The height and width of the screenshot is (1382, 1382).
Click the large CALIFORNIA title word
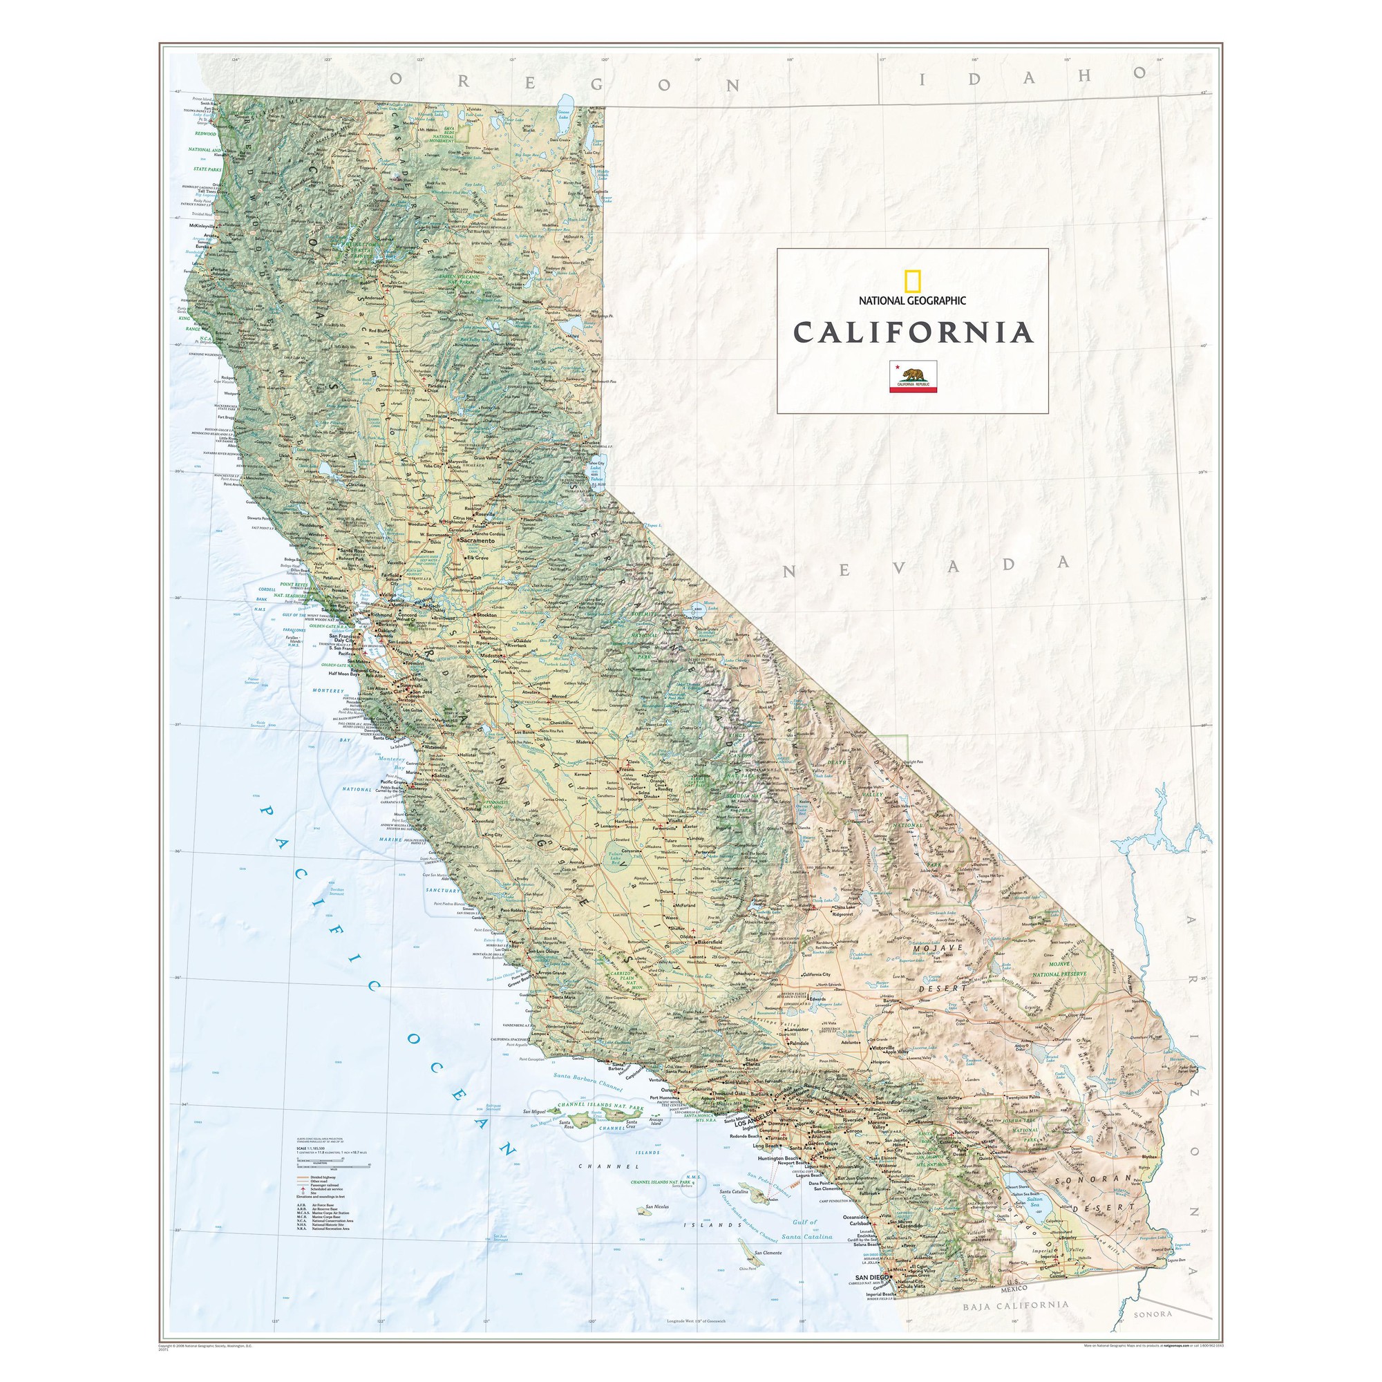tap(913, 332)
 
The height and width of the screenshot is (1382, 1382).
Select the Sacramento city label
tap(479, 541)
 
